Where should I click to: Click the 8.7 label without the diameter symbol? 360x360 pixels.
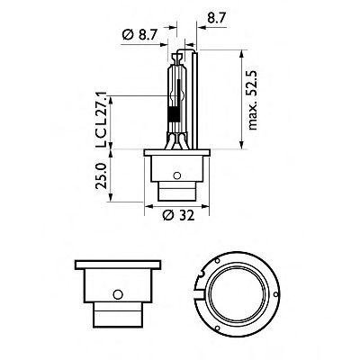216,17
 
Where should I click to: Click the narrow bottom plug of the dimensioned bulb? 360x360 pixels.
179,193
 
